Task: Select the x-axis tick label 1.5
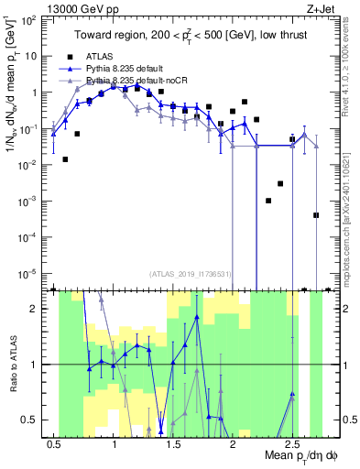point(173,443)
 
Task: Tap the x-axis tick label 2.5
point(291,443)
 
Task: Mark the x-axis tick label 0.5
point(55,443)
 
